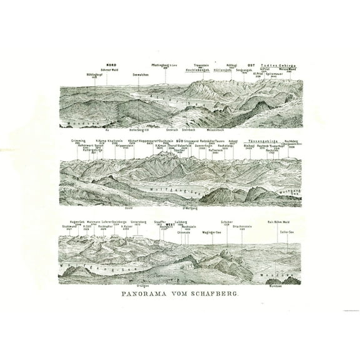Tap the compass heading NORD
[x=112, y=65]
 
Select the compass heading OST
[x=251, y=65]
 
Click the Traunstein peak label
[x=200, y=65]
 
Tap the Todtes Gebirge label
[x=279, y=65]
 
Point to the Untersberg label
[x=138, y=221]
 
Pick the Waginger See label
[x=213, y=232]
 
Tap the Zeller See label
[x=287, y=232]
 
